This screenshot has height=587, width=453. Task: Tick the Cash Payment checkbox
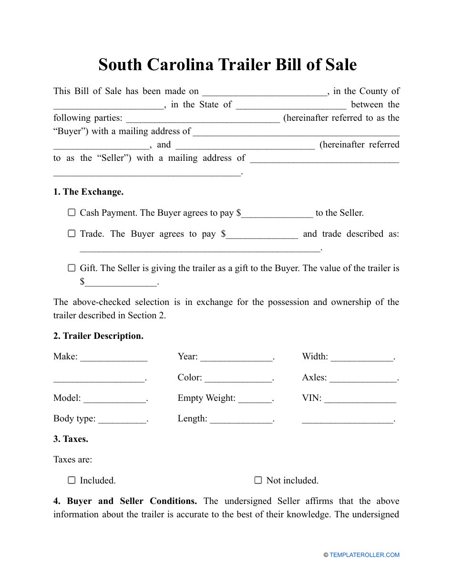[72, 213]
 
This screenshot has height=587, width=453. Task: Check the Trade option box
[72, 234]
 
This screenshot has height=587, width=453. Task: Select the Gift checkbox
[72, 268]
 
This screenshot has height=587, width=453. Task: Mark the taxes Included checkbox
[72, 481]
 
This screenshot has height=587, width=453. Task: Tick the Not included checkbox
[258, 481]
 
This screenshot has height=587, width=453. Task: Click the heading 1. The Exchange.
[88, 192]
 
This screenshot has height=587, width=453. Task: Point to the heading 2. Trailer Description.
[98, 336]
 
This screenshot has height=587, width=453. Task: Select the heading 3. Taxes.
[71, 439]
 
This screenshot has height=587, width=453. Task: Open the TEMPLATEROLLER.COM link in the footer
[364, 555]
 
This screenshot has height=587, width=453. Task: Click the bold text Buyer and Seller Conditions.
[132, 501]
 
